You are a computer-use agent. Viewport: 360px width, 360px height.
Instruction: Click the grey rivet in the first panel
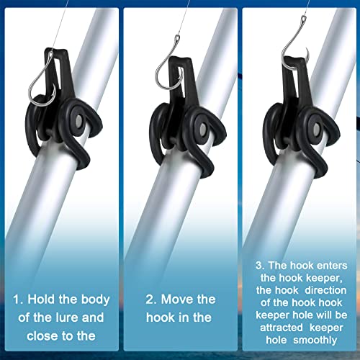tap(78, 120)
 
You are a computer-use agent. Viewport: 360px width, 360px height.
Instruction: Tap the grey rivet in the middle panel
tap(203, 130)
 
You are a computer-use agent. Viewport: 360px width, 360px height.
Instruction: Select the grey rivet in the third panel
tap(316, 129)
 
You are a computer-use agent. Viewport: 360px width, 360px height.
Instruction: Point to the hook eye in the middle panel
tap(177, 37)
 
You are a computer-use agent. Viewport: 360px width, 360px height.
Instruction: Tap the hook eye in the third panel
tap(304, 19)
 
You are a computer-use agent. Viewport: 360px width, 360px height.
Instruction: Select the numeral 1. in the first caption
tap(18, 300)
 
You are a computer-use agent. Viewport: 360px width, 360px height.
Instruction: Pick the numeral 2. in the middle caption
tap(151, 300)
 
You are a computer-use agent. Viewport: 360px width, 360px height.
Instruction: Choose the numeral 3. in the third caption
tap(260, 266)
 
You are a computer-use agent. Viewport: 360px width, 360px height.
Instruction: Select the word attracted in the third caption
tap(282, 328)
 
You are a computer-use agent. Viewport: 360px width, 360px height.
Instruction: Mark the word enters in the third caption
tap(332, 266)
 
